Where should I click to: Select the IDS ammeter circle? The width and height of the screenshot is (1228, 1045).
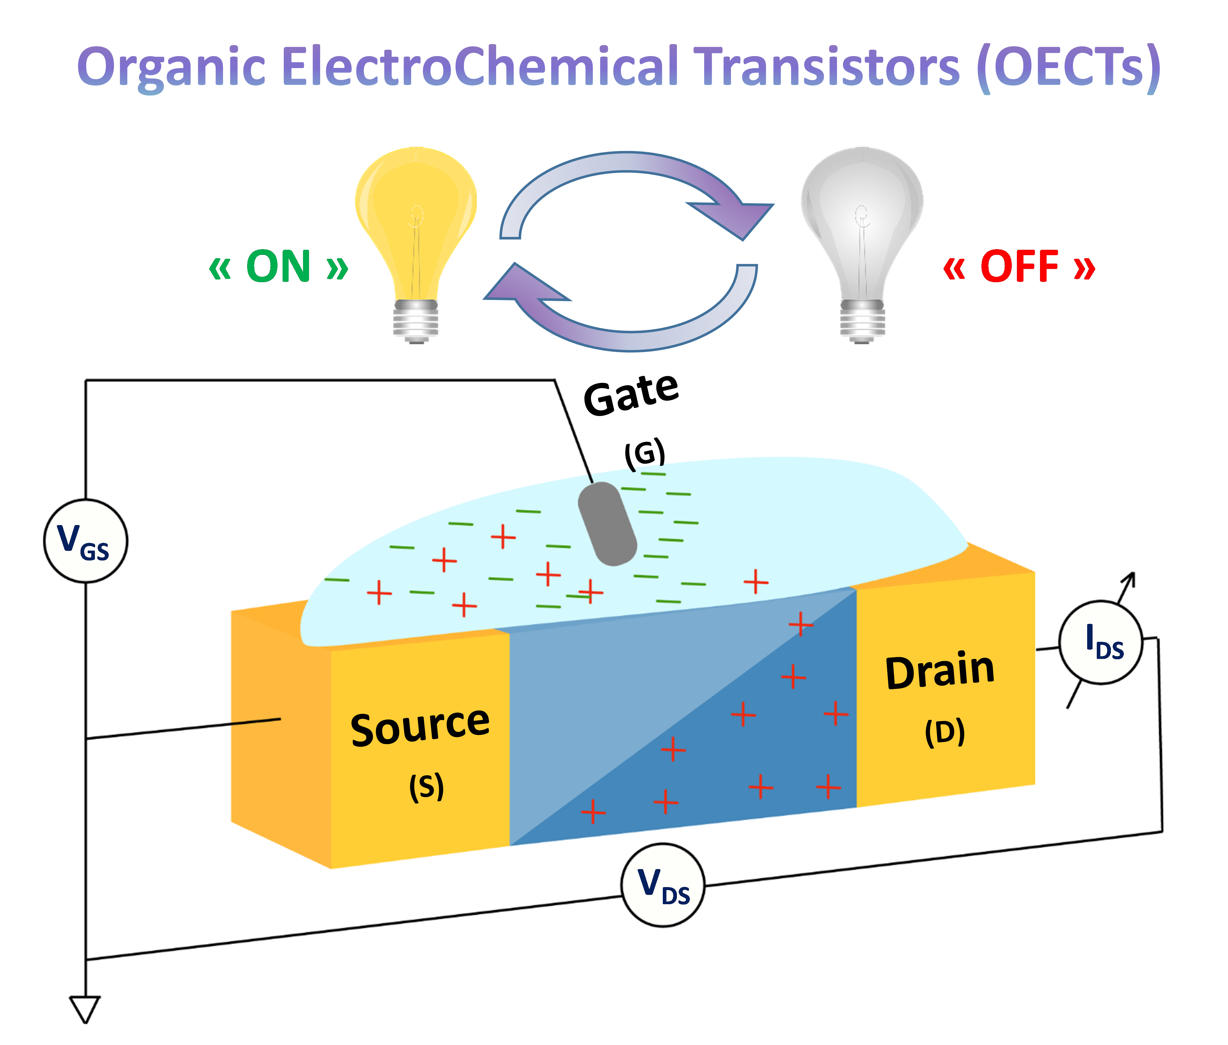coord(1101,643)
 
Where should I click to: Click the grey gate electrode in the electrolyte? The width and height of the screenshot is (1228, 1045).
coord(608,524)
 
